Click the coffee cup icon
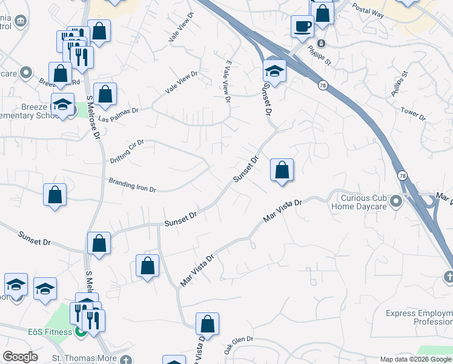click(x=302, y=26)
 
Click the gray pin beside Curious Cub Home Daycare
click(x=397, y=200)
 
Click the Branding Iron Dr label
click(x=132, y=185)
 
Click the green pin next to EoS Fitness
click(x=81, y=331)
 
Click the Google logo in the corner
click(x=20, y=357)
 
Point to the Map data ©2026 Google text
click(x=415, y=359)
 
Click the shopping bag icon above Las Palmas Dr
click(x=105, y=95)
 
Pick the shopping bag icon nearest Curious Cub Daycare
click(x=282, y=170)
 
